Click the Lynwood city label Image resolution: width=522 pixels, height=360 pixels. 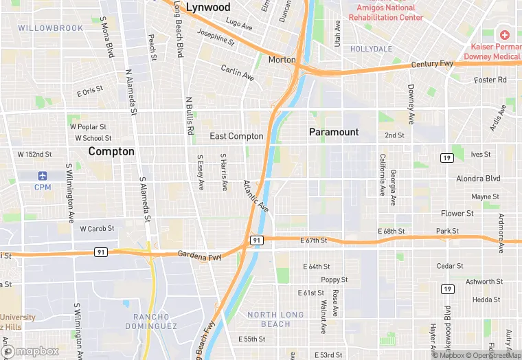[208, 7]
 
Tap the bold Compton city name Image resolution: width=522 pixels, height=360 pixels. [111, 151]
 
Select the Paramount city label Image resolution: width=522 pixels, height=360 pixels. [334, 132]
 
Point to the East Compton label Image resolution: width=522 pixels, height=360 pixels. [236, 136]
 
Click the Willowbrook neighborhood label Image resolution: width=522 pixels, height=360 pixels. [50, 28]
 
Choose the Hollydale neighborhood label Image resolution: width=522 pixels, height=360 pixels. [371, 49]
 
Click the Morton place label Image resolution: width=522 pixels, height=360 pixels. [282, 60]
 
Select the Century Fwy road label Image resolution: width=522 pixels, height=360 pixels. [433, 65]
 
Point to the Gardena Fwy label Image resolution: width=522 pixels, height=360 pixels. [200, 255]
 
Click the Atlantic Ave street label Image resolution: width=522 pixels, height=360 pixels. [256, 196]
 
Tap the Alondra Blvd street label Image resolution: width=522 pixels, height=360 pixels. [478, 178]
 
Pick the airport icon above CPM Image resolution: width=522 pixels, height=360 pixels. [43, 176]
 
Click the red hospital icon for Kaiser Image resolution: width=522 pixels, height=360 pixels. [505, 34]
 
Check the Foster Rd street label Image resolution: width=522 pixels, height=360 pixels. [490, 80]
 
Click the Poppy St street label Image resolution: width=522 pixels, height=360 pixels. [334, 280]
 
